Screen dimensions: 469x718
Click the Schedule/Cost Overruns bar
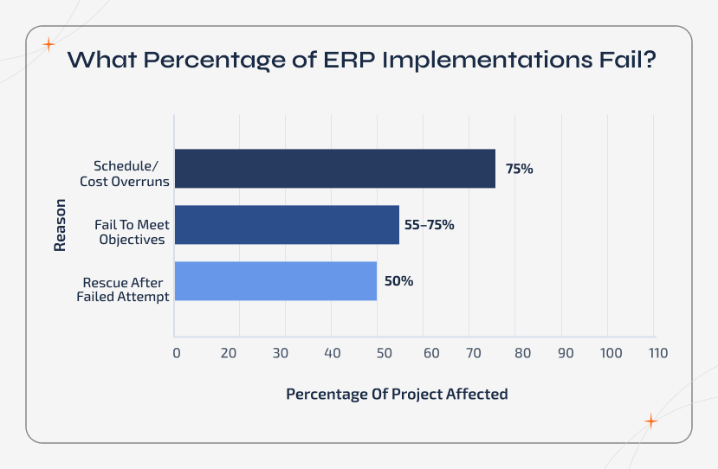tap(334, 169)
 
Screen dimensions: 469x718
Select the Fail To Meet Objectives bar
tap(287, 225)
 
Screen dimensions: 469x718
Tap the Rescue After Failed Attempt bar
tap(275, 281)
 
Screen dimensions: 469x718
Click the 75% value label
tap(520, 169)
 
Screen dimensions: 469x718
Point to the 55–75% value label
tap(429, 225)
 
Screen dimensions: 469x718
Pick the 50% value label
tap(399, 281)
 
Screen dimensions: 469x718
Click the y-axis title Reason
tap(60, 225)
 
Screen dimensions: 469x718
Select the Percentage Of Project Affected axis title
tap(397, 394)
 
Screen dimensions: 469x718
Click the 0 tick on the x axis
tap(177, 353)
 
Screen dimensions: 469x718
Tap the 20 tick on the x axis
tap(229, 353)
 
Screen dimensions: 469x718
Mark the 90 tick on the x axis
tap(565, 353)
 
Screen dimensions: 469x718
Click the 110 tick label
tap(657, 353)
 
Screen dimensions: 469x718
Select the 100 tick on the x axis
tap(611, 353)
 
